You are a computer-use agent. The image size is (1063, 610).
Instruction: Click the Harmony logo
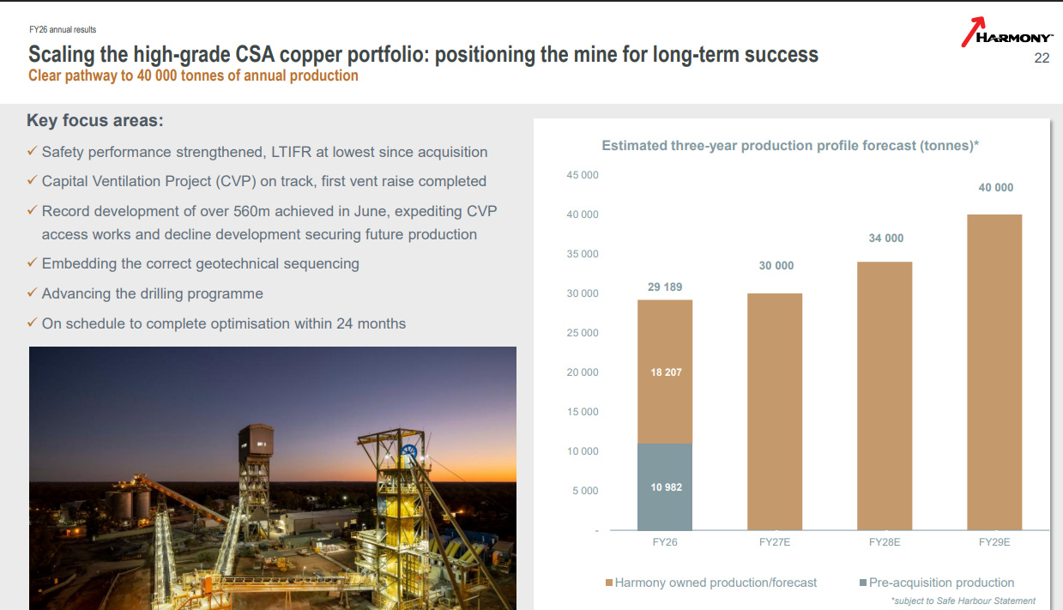[x=1007, y=33]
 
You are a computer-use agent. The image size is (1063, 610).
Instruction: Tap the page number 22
[x=1042, y=58]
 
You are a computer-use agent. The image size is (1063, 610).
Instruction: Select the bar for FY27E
[x=775, y=412]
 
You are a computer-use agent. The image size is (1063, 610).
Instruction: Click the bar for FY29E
[x=994, y=372]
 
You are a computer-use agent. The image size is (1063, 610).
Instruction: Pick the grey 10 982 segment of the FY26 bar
[x=664, y=487]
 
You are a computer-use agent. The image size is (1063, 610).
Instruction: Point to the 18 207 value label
[x=666, y=372]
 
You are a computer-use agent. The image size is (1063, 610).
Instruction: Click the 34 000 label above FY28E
[x=886, y=239]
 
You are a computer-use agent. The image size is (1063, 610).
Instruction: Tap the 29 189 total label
[x=665, y=287]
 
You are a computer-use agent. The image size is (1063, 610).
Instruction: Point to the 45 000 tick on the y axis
[x=583, y=175]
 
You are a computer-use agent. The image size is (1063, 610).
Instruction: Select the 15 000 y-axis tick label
[x=583, y=412]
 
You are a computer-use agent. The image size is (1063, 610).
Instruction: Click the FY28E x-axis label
[x=885, y=542]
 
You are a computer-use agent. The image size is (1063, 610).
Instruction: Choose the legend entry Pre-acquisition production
[x=937, y=583]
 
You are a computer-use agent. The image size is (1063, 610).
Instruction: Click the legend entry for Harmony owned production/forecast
[x=711, y=583]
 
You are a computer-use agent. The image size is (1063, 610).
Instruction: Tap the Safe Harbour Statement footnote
[x=963, y=601]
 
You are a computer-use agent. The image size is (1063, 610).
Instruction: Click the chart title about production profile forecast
[x=790, y=145]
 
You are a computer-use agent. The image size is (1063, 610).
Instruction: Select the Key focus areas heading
[x=95, y=120]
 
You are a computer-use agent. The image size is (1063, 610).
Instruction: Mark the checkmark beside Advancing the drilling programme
[x=32, y=293]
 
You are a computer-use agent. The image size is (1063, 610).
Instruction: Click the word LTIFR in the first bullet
[x=292, y=152]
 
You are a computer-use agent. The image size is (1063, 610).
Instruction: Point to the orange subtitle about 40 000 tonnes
[x=193, y=75]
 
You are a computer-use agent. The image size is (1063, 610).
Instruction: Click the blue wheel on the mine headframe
[x=408, y=451]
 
